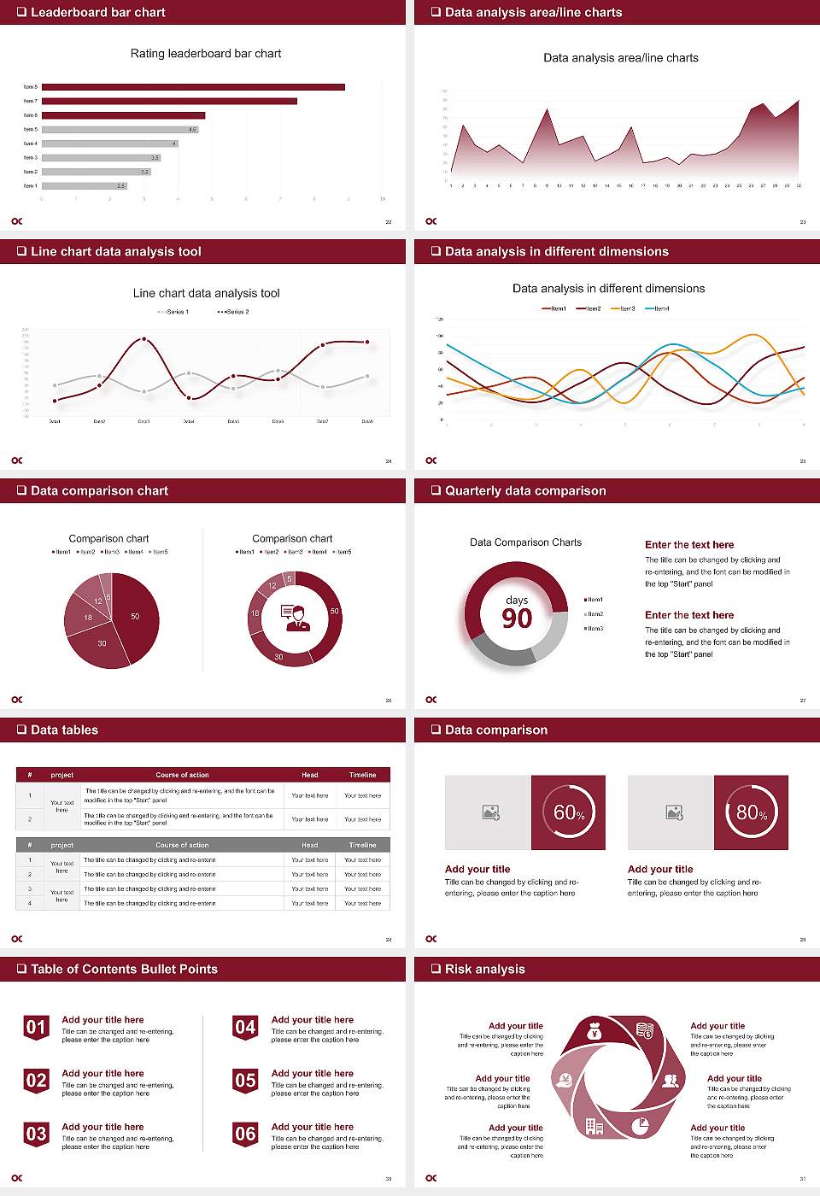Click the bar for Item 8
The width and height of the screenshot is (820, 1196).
click(x=193, y=87)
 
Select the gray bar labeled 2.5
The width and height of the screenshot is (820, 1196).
click(x=84, y=185)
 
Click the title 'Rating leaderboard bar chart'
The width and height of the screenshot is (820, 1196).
click(x=205, y=53)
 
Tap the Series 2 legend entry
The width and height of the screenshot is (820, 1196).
click(x=233, y=312)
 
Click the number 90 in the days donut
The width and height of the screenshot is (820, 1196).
click(x=517, y=619)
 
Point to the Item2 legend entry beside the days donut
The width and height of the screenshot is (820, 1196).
click(x=594, y=614)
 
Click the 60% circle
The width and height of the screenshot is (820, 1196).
click(x=569, y=812)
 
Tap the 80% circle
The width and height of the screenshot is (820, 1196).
click(x=752, y=812)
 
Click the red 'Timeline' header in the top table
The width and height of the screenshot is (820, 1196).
click(x=362, y=775)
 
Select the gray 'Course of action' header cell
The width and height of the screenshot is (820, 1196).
click(x=182, y=845)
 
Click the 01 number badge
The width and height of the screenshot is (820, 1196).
click(x=36, y=1027)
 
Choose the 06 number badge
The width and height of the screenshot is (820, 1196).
click(x=245, y=1134)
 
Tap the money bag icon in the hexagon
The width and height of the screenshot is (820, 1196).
click(x=595, y=1033)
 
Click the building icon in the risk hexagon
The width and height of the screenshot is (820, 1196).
click(x=594, y=1126)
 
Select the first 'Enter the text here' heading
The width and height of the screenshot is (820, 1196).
click(x=689, y=544)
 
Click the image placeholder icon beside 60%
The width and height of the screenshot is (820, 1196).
click(x=491, y=812)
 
